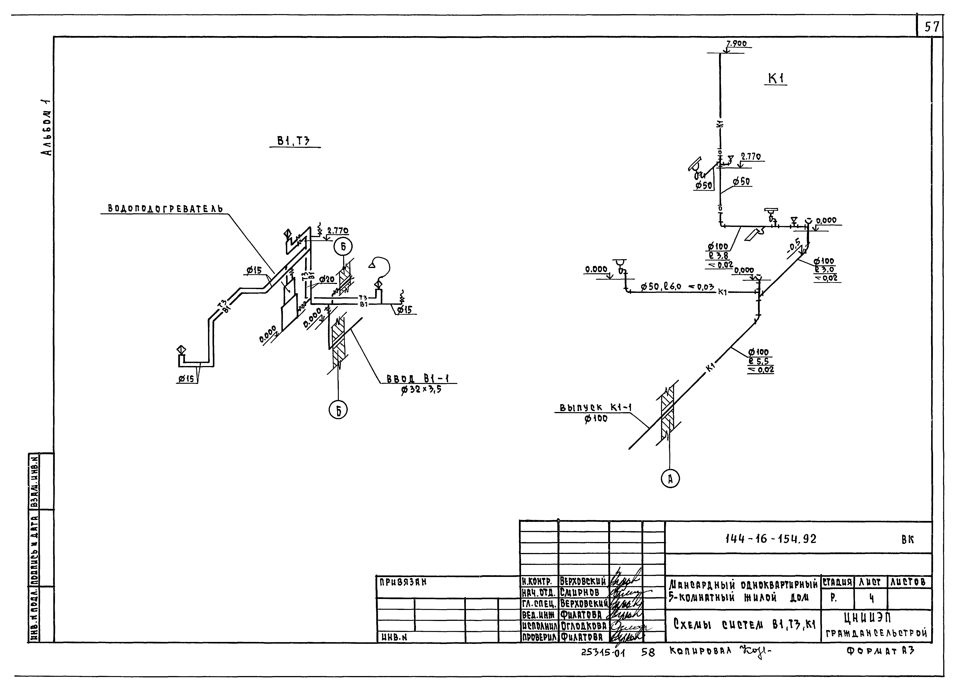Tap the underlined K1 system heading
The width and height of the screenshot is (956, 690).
776,78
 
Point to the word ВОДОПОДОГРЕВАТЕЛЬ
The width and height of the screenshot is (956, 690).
165,208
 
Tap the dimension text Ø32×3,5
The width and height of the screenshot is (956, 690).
421,390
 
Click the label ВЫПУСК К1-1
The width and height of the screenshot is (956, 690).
595,408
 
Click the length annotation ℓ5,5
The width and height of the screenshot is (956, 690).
759,361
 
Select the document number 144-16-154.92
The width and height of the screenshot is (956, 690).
771,539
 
